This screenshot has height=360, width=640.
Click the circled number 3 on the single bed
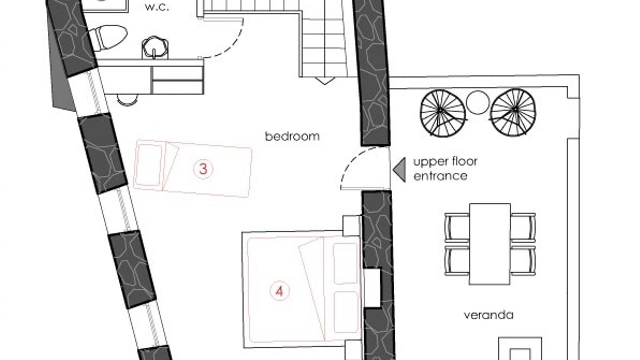point(203,169)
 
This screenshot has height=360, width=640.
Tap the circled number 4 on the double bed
point(279,291)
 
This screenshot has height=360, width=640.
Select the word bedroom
point(292,136)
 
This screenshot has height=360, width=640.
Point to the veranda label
point(489,315)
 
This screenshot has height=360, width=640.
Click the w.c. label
point(157,8)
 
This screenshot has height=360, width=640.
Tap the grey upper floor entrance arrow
point(399,169)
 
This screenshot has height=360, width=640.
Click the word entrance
point(440,176)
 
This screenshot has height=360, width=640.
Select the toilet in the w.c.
point(108,37)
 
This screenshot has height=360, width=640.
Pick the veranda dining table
point(490,244)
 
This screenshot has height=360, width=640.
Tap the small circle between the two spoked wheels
point(478,103)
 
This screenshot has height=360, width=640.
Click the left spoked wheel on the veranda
point(443,113)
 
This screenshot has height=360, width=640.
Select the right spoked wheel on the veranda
point(513,112)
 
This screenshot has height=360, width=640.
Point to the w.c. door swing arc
point(234,45)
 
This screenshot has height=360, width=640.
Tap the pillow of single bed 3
point(148,165)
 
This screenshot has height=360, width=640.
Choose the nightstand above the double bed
point(352,225)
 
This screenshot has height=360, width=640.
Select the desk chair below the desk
point(127,100)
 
